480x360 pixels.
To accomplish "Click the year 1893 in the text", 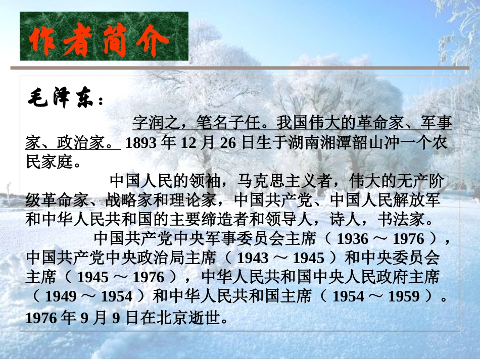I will [141, 143].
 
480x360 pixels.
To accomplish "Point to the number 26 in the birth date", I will [228, 143].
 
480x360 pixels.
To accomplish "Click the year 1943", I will [253, 258].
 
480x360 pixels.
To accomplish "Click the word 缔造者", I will [226, 221].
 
